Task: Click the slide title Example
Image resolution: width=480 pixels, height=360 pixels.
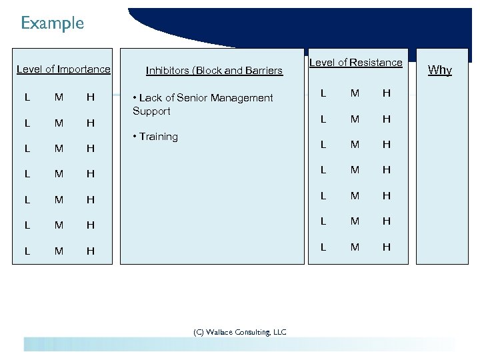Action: tap(52, 23)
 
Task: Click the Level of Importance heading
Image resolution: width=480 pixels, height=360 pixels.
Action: tap(63, 69)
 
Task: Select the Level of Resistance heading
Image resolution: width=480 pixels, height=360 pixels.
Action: tap(356, 63)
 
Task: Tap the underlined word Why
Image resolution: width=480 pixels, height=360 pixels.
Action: tap(439, 69)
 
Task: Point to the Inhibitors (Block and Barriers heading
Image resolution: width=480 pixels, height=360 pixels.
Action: tap(214, 70)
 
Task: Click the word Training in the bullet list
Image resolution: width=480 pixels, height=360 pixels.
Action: tap(159, 137)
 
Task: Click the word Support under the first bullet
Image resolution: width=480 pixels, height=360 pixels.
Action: tap(151, 111)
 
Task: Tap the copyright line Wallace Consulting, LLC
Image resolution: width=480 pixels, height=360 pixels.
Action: tap(240, 331)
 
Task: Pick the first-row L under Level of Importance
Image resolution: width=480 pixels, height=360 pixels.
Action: tap(27, 97)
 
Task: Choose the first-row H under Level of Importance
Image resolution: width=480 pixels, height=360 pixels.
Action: tap(91, 97)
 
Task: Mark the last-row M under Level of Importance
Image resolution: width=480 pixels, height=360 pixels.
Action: tap(59, 251)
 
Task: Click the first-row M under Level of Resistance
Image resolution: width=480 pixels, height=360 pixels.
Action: tap(355, 93)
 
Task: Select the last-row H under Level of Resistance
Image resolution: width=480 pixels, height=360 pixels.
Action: tap(386, 247)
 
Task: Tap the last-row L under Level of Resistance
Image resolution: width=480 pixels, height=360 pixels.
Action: tap(323, 247)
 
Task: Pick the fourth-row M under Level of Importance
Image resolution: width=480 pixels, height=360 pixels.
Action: tap(59, 174)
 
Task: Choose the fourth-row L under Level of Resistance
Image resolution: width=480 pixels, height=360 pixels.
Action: tap(323, 170)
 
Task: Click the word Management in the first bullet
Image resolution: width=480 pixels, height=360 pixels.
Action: tap(243, 98)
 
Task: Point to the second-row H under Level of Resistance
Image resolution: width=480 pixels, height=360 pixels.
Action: tap(386, 119)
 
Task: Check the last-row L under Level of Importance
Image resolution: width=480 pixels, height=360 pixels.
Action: tap(27, 251)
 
